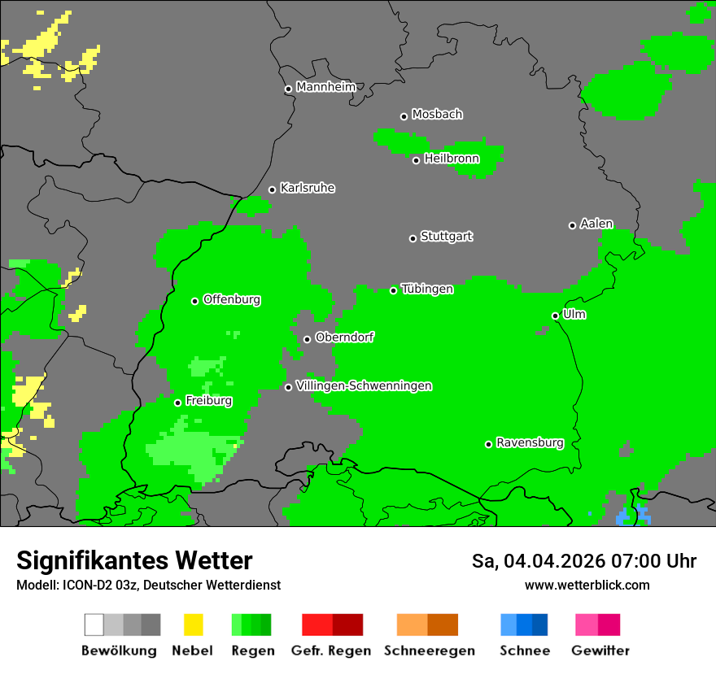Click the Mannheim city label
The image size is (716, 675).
click(325, 87)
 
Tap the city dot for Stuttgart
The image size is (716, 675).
click(413, 238)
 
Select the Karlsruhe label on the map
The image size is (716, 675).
click(307, 188)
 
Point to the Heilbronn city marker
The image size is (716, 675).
click(416, 160)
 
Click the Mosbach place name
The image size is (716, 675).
click(437, 115)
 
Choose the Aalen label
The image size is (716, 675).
click(596, 224)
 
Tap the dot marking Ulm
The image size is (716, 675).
click(555, 316)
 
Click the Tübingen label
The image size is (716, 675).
click(427, 289)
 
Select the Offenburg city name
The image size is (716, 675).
click(232, 299)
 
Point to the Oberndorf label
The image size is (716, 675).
click(344, 337)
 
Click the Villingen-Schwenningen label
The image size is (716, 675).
click(364, 385)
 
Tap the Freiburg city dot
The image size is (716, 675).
click(177, 403)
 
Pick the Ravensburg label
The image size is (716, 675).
click(530, 443)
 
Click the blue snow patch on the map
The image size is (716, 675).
click(632, 516)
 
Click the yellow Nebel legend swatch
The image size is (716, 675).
click(193, 625)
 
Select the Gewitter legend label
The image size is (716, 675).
click(600, 651)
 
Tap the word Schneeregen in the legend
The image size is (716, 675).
click(429, 651)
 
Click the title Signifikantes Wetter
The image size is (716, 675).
click(134, 560)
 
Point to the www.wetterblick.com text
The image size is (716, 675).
click(587, 585)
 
